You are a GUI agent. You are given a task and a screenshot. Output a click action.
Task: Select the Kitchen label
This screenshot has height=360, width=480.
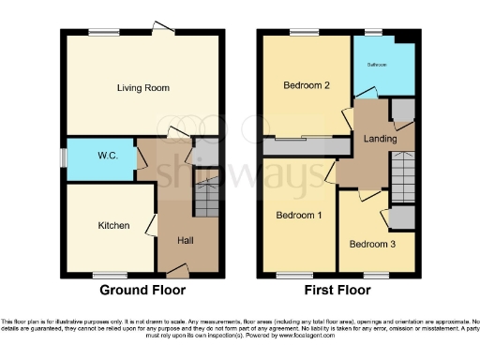pos(114,226)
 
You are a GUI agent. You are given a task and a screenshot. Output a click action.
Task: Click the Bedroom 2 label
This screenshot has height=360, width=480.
pos(306,85)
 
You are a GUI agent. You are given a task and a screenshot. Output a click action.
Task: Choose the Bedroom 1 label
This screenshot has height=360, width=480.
pos(298,215)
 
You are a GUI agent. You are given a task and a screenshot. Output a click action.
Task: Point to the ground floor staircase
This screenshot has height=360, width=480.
pos(205,197)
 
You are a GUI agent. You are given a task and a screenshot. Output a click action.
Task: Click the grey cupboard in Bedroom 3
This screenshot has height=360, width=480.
pos(402,217)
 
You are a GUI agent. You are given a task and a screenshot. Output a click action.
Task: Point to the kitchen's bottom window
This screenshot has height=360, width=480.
pos(104,275)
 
